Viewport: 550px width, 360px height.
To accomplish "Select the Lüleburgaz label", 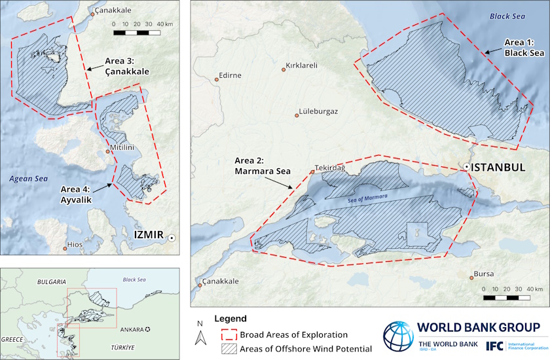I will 318,112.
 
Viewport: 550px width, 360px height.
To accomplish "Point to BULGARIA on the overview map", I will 50,281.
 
